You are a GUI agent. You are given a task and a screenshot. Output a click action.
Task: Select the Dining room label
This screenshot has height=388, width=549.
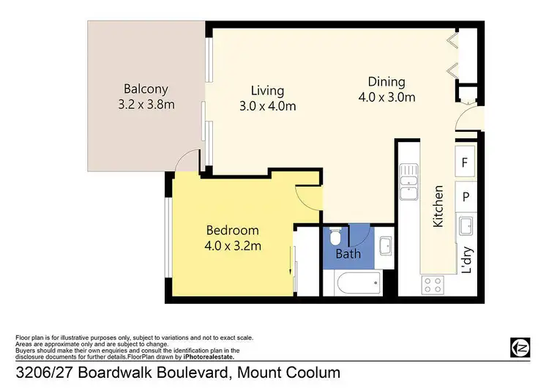[x=386, y=82]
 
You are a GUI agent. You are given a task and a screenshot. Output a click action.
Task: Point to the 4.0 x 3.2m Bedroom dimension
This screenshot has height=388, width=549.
[x=233, y=245]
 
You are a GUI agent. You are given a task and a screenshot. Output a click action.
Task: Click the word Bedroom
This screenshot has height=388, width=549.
[x=233, y=230]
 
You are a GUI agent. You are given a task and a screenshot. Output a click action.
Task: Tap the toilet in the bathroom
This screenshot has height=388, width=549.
[x=335, y=237]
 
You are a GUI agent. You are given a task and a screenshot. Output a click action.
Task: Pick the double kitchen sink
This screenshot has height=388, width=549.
[x=408, y=183]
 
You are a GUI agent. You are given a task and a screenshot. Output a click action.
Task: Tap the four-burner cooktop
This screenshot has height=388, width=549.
[x=430, y=284]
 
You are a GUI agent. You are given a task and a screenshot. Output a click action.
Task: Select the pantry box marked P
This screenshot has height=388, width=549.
[x=465, y=195]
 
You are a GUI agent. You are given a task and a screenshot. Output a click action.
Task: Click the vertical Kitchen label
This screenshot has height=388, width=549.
[x=438, y=207]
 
